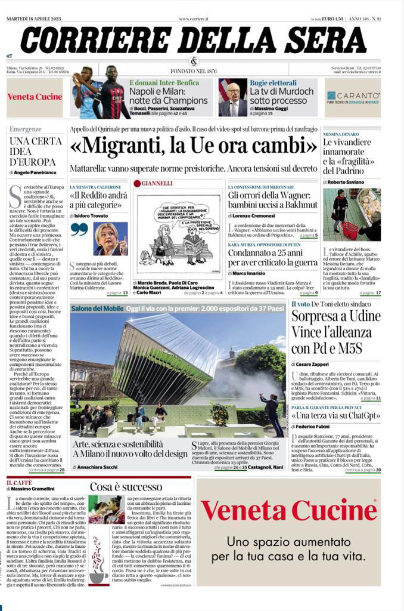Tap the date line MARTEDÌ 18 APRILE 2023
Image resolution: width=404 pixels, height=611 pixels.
(x=35, y=19)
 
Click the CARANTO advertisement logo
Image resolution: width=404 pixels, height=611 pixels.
(x=353, y=97)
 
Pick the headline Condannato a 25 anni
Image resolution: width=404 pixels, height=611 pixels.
(x=272, y=256)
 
